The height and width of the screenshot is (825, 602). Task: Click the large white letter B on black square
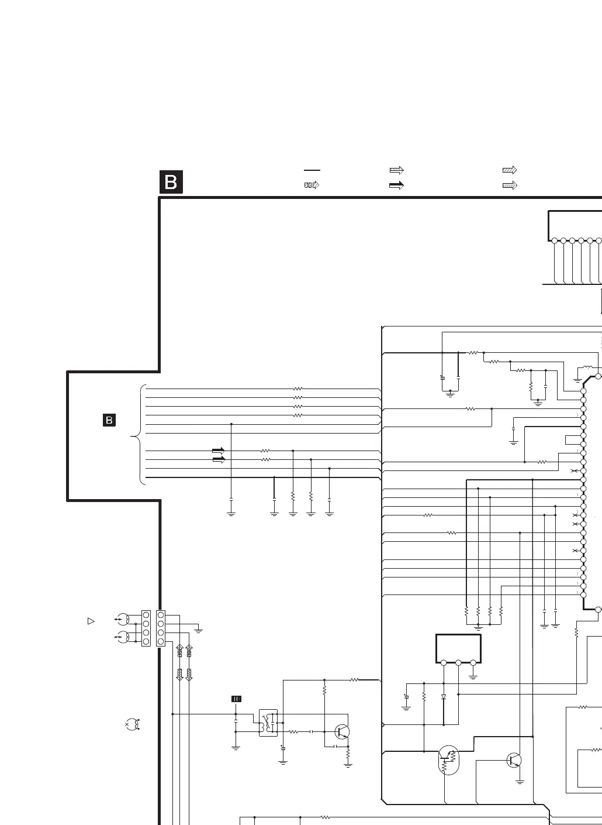coord(171,182)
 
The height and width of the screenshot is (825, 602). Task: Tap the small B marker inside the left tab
coord(109,420)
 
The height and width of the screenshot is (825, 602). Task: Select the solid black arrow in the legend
coord(396,185)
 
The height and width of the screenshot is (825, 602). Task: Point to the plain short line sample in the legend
coord(312,170)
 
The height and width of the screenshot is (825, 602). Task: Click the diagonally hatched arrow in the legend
coord(510,170)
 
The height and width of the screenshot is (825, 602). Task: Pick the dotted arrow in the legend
coord(510,185)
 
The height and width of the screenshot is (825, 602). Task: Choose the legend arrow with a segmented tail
coord(312,185)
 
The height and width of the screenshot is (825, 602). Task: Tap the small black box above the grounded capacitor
coord(236,699)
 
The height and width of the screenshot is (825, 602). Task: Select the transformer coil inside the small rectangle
coord(268,723)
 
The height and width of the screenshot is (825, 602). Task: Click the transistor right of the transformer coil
coord(342,731)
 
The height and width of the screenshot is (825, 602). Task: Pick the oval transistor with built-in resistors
coord(448,759)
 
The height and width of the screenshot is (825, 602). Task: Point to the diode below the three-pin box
coord(444,697)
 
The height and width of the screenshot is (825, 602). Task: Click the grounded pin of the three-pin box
coord(473,663)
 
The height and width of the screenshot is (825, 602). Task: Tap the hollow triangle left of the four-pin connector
coord(91,621)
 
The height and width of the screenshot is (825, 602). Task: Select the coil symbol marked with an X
coord(133,724)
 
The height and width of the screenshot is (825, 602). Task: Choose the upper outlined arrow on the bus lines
coord(218,451)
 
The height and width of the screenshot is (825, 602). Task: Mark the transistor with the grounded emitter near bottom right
coord(514,760)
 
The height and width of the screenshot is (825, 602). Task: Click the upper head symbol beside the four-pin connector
coord(123,619)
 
